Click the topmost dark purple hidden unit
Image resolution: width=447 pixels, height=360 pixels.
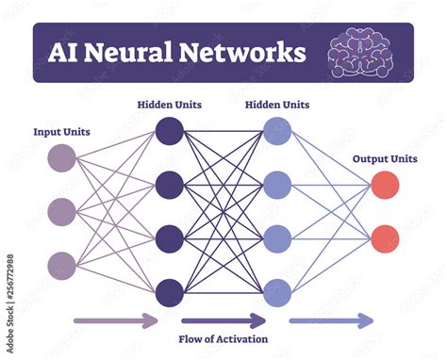[170, 129]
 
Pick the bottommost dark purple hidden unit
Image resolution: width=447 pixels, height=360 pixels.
[170, 289]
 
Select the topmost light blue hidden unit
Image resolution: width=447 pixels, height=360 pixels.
[276, 129]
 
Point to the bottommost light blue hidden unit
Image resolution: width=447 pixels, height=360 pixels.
[276, 289]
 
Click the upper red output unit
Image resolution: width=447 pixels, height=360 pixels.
[384, 185]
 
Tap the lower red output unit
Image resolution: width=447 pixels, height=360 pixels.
[384, 237]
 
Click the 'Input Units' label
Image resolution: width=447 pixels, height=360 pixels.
[62, 132]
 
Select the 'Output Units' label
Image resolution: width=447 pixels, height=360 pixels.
[384, 158]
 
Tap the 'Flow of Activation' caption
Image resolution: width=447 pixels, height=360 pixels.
[223, 338]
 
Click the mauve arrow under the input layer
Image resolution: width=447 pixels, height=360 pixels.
[116, 321]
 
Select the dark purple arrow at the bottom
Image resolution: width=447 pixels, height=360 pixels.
[223, 321]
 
